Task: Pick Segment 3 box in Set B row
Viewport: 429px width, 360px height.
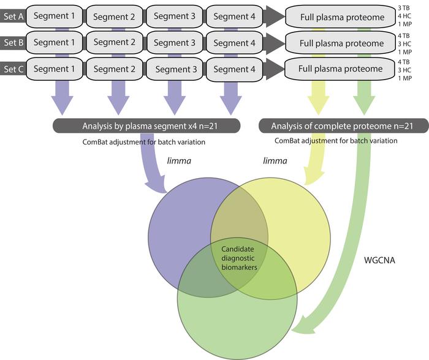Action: coord(175,43)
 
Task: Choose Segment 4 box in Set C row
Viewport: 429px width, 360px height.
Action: coord(233,69)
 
